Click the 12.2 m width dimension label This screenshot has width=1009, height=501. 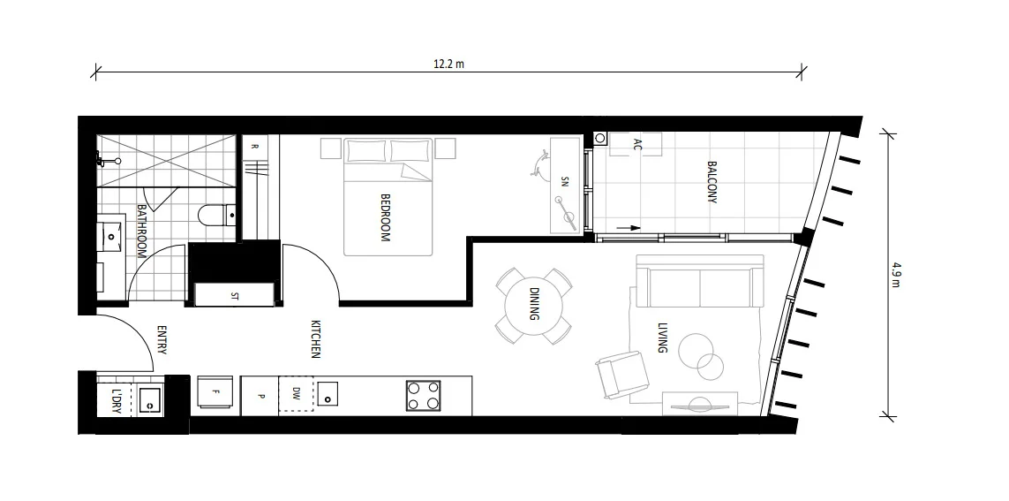click(448, 63)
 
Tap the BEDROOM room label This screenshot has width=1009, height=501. click(385, 218)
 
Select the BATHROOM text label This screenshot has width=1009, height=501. click(141, 231)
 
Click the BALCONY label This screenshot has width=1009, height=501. click(712, 182)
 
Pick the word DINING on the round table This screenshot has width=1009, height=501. click(534, 304)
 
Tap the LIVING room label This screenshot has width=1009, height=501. click(662, 338)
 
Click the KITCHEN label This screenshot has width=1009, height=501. click(315, 339)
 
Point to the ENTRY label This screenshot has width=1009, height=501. click(162, 340)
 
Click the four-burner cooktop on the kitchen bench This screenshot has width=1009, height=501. click(423, 395)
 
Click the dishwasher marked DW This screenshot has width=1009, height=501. click(296, 395)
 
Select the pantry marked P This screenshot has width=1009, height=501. click(260, 396)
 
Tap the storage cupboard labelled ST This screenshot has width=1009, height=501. click(235, 295)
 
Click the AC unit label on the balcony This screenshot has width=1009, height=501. click(637, 145)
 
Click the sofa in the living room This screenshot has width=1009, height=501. click(699, 283)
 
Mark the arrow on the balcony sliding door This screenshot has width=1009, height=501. click(628, 227)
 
